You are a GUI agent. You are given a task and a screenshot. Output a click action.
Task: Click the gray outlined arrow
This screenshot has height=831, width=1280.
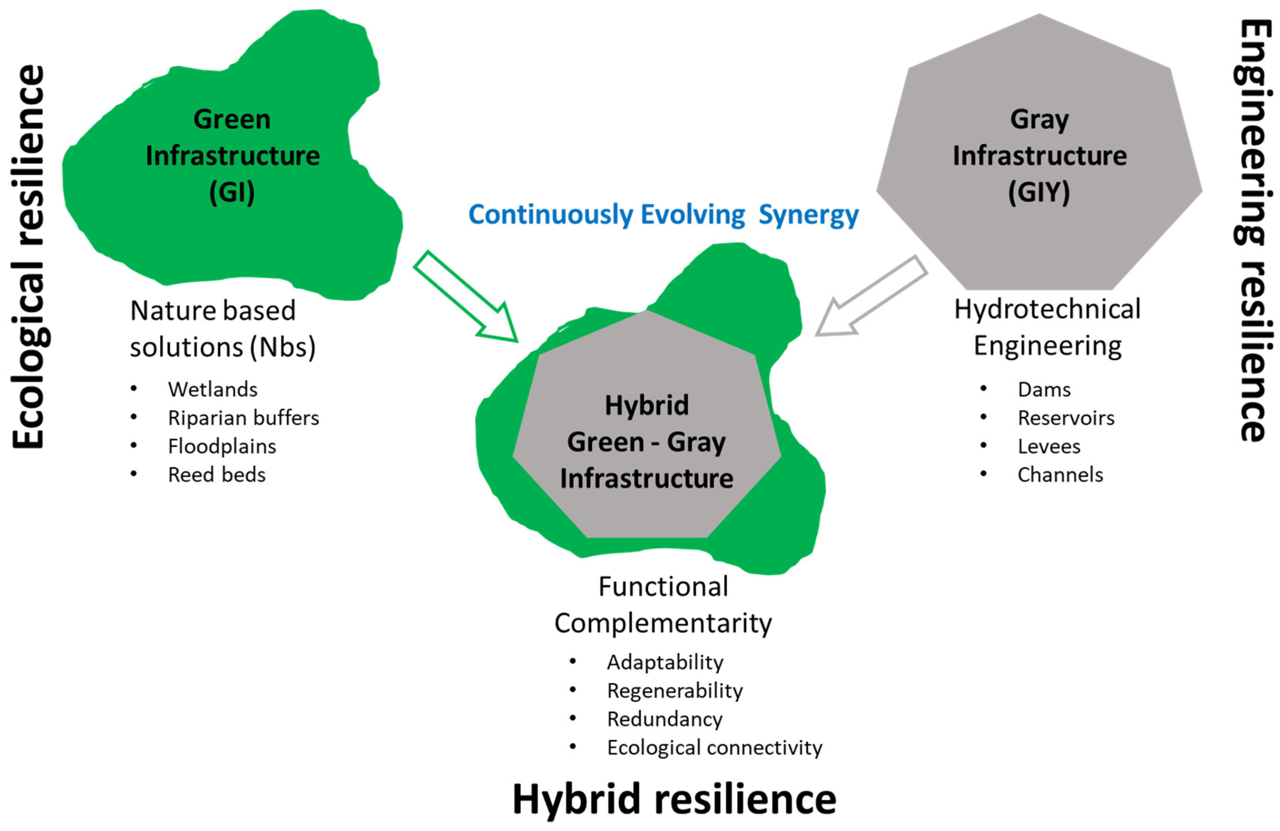(871, 296)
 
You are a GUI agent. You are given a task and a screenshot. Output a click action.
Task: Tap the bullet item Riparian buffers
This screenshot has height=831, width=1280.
(243, 418)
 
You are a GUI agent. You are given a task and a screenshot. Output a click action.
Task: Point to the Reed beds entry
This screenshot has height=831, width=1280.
(217, 475)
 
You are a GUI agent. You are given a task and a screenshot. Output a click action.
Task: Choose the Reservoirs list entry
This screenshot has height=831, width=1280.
(1066, 418)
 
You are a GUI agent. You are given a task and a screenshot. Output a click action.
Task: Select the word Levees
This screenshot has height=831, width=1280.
(1049, 446)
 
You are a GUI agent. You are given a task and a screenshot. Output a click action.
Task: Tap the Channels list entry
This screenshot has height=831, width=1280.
(1060, 475)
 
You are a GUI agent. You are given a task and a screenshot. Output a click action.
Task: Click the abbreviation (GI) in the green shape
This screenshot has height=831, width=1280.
(232, 192)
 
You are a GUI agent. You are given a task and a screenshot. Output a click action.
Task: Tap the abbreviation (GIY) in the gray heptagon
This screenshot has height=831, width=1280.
(1039, 192)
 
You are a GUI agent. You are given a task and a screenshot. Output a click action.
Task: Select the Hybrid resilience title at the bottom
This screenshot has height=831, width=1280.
(674, 799)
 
